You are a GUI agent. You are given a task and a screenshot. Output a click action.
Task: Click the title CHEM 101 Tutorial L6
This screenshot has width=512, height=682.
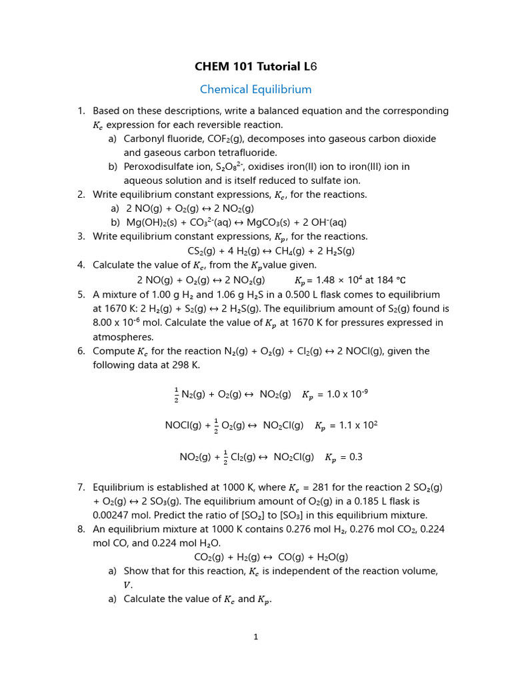[256, 67]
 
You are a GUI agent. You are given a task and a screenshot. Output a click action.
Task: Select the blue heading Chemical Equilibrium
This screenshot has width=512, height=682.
[256, 89]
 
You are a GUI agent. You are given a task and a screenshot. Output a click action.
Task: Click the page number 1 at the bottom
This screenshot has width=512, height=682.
[255, 637]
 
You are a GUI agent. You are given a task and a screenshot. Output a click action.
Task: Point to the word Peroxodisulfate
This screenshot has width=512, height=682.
[157, 167]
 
